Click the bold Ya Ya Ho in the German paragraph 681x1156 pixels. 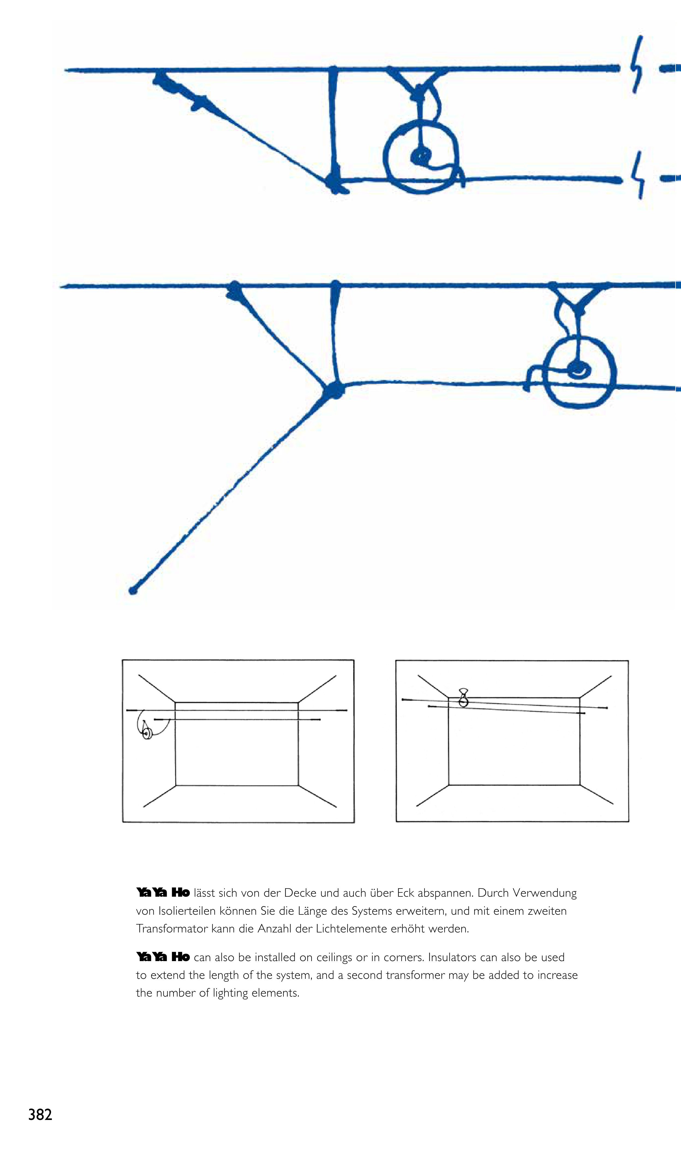(x=163, y=893)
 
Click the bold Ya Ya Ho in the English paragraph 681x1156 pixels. (x=163, y=957)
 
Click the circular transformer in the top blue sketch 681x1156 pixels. (x=421, y=157)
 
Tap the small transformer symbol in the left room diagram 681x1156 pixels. (x=147, y=733)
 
